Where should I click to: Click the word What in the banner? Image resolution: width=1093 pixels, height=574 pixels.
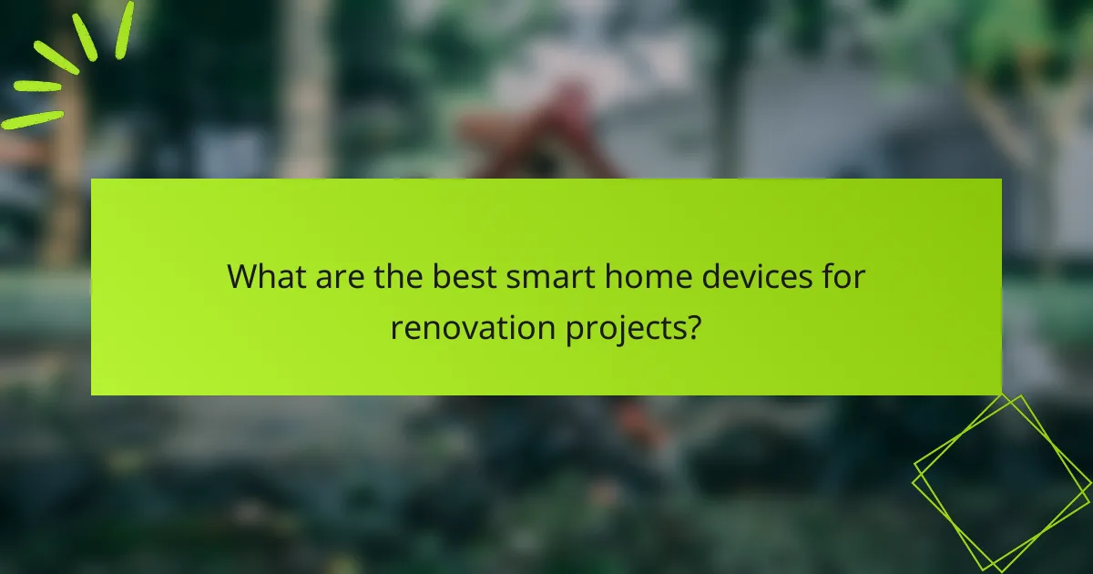pos(266,276)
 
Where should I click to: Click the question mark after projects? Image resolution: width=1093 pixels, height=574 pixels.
pos(693,325)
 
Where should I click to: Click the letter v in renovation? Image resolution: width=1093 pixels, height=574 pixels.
pos(468,327)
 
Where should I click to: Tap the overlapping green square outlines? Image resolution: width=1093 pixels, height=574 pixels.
pos(1002,483)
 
